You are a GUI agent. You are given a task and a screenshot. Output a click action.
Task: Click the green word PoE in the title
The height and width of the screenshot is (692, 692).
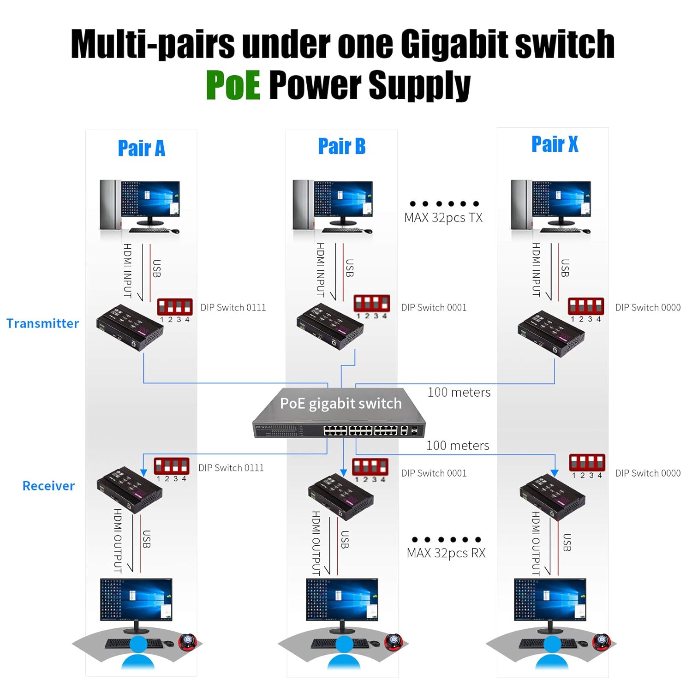pyautogui.click(x=233, y=85)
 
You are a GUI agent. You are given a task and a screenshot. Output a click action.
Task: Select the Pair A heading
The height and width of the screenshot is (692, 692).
pyautogui.click(x=141, y=148)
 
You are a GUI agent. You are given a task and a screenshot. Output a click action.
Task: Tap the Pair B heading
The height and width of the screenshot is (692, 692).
pyautogui.click(x=342, y=146)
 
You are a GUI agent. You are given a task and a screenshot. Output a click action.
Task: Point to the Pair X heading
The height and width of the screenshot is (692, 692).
pyautogui.click(x=555, y=144)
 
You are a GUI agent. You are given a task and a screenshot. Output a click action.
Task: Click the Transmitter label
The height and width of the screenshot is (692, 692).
pyautogui.click(x=42, y=323)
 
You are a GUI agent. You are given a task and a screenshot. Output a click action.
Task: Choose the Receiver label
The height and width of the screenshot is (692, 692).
pyautogui.click(x=48, y=486)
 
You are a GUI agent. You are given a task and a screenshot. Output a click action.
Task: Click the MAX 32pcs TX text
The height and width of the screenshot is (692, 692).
pyautogui.click(x=443, y=217)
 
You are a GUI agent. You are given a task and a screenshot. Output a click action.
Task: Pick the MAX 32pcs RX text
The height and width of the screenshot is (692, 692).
pyautogui.click(x=446, y=553)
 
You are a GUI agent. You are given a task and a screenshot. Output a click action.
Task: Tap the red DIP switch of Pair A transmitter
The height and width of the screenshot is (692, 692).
pyautogui.click(x=175, y=306)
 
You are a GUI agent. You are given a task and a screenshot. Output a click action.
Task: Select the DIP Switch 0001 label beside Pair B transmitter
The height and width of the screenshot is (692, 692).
pyautogui.click(x=434, y=307)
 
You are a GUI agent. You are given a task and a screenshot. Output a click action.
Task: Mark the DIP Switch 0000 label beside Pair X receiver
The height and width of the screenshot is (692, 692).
pyautogui.click(x=648, y=473)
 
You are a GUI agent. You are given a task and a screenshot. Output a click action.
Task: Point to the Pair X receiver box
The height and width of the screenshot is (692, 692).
pyautogui.click(x=552, y=497)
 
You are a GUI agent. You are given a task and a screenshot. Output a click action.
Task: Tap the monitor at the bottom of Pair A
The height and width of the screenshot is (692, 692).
pyautogui.click(x=136, y=602)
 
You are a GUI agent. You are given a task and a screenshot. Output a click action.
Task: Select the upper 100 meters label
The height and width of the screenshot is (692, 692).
pyautogui.click(x=459, y=392)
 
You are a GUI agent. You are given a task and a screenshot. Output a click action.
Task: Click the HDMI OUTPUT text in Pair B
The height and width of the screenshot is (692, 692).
pyautogui.click(x=316, y=543)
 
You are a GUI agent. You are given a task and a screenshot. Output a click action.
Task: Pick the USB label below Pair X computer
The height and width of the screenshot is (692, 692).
pyautogui.click(x=565, y=268)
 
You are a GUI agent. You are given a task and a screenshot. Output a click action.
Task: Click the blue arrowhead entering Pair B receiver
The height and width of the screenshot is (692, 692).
pyautogui.click(x=343, y=472)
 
